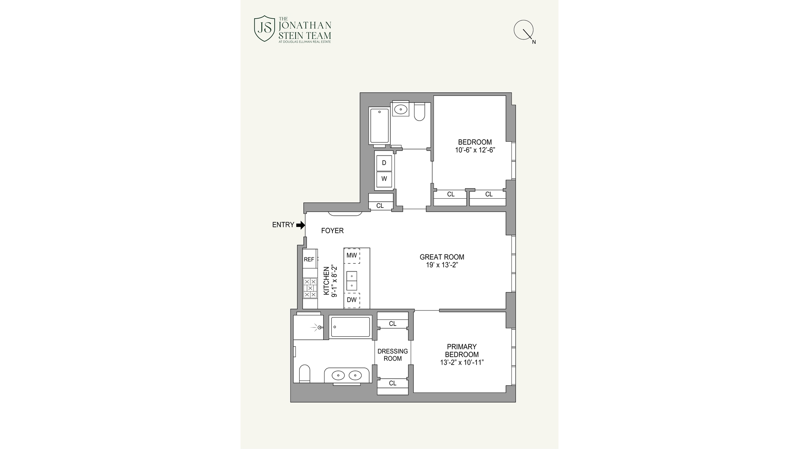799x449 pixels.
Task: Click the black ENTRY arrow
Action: (300, 225)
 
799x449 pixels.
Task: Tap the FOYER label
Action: (332, 231)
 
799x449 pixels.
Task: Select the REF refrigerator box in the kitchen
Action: (309, 259)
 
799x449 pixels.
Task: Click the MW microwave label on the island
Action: (352, 255)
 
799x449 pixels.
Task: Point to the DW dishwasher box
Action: (352, 300)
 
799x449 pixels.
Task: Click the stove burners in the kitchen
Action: (310, 288)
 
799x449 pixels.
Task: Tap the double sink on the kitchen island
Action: (352, 281)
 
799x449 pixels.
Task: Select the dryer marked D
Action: (384, 163)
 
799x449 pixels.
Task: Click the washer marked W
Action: (384, 179)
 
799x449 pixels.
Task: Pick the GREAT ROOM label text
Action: (442, 257)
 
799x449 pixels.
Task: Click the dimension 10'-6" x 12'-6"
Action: (475, 150)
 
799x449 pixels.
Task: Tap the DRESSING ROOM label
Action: (392, 355)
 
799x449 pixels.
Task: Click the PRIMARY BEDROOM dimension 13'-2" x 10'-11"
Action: (462, 363)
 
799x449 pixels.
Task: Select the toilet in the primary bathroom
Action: (305, 373)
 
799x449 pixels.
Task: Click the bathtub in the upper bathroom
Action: (379, 126)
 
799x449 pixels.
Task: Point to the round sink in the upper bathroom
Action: (400, 109)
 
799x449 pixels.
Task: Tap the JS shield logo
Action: (265, 28)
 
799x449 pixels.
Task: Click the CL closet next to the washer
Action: (380, 206)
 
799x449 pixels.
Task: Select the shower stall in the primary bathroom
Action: (308, 328)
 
